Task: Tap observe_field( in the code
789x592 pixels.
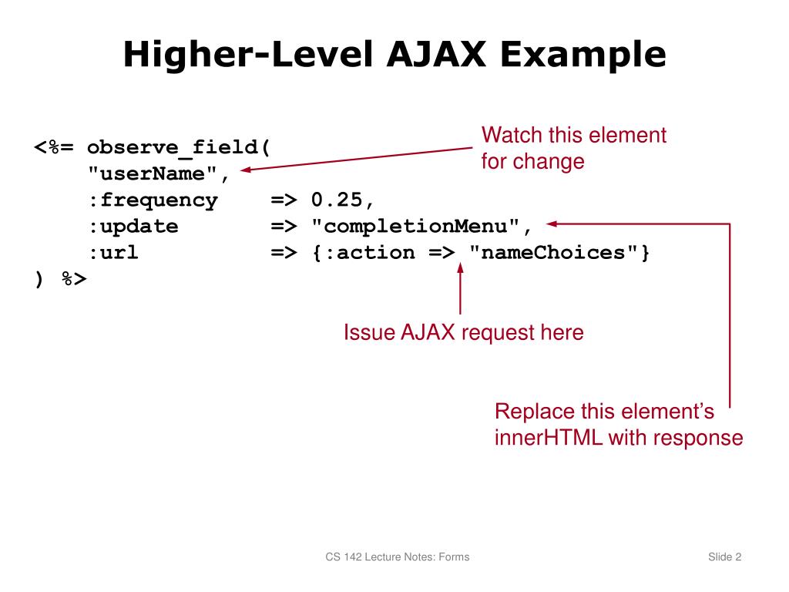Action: click(179, 148)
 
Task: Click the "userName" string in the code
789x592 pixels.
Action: click(153, 174)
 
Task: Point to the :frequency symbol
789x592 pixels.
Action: click(152, 200)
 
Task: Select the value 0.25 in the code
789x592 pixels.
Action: click(337, 200)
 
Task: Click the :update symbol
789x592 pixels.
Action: click(132, 227)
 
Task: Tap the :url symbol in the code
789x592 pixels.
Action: click(112, 253)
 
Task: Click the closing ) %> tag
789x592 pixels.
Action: click(61, 279)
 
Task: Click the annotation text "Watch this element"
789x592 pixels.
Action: click(573, 136)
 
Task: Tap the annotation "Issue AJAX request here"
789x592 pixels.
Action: click(463, 333)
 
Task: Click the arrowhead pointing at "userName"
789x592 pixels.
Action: click(245, 170)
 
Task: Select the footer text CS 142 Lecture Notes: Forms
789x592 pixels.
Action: click(397, 557)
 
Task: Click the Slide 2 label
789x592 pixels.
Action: click(724, 557)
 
